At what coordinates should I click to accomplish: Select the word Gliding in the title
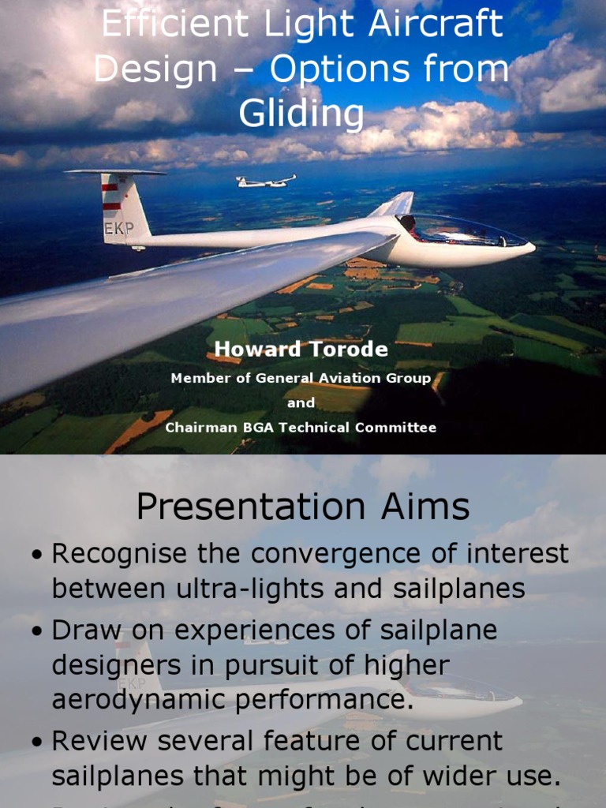click(301, 114)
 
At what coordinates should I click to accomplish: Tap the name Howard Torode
click(301, 350)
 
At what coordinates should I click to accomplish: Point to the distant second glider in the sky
click(265, 182)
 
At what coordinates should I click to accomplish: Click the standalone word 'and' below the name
click(301, 402)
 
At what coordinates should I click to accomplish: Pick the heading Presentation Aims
click(302, 507)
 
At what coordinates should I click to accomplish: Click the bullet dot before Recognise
click(37, 555)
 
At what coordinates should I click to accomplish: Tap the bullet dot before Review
click(37, 743)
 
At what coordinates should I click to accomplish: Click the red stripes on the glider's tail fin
click(110, 196)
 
